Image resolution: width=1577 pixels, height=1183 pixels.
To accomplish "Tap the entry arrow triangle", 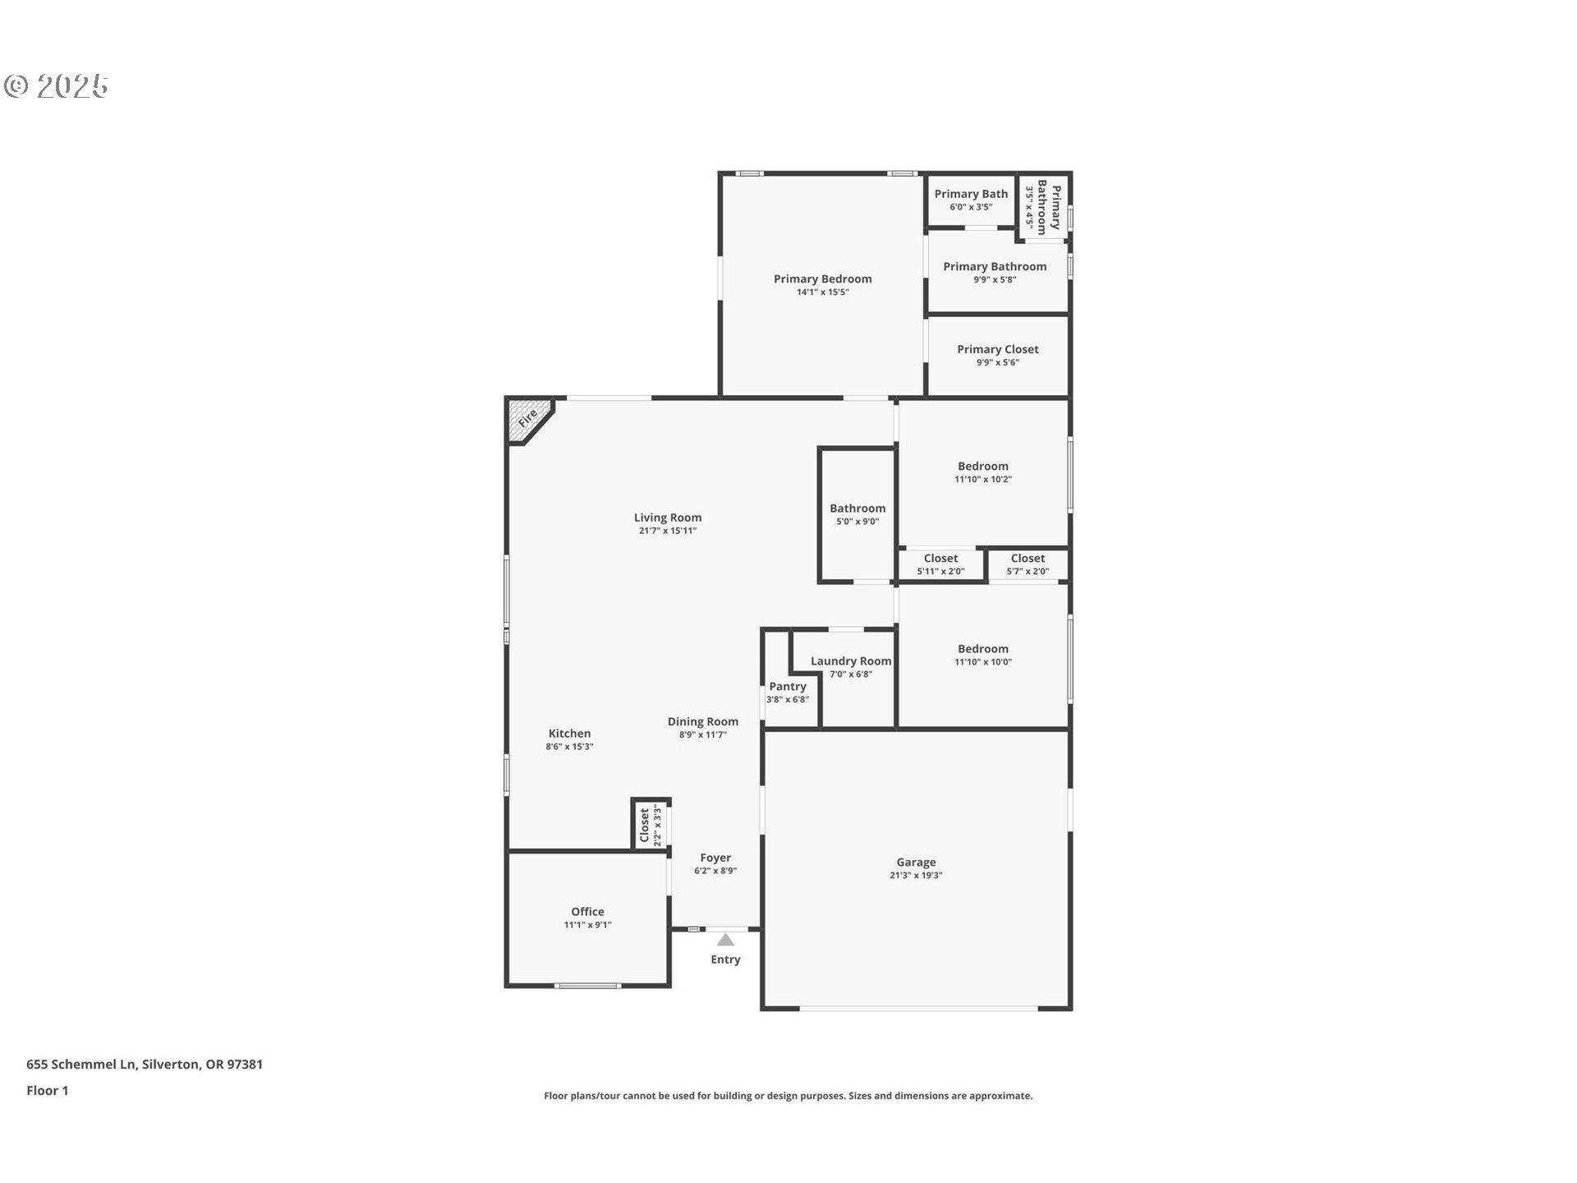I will tap(725, 940).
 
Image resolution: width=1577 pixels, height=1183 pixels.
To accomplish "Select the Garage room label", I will tap(916, 862).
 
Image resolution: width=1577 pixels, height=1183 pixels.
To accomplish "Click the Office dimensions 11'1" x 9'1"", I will tap(587, 925).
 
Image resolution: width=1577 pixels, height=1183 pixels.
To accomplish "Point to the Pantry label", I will tap(788, 686).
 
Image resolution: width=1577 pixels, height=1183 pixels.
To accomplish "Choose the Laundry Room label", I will tap(851, 661).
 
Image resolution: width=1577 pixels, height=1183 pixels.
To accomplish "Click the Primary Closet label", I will tap(997, 349).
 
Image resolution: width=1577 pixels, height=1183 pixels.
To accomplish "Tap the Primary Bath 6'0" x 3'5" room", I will tap(971, 200).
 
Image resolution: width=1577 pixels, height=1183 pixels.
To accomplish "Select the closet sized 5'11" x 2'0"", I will tap(940, 564).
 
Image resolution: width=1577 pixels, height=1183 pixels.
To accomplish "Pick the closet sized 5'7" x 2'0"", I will tap(1028, 564).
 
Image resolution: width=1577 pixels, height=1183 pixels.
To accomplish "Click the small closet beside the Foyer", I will tap(650, 825).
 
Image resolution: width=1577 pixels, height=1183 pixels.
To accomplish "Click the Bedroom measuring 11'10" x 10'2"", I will tap(982, 472).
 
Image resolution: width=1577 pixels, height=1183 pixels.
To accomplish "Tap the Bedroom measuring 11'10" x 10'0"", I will tap(982, 655).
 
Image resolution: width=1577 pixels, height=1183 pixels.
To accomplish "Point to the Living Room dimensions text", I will tap(668, 531).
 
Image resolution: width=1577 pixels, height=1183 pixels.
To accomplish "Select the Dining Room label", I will tap(702, 721).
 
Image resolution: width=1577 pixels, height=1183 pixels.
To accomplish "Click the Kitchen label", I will tap(569, 734).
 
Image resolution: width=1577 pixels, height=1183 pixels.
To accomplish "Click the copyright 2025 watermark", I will tap(57, 86).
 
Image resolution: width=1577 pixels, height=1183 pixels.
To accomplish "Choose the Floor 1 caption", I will tap(48, 1090).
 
